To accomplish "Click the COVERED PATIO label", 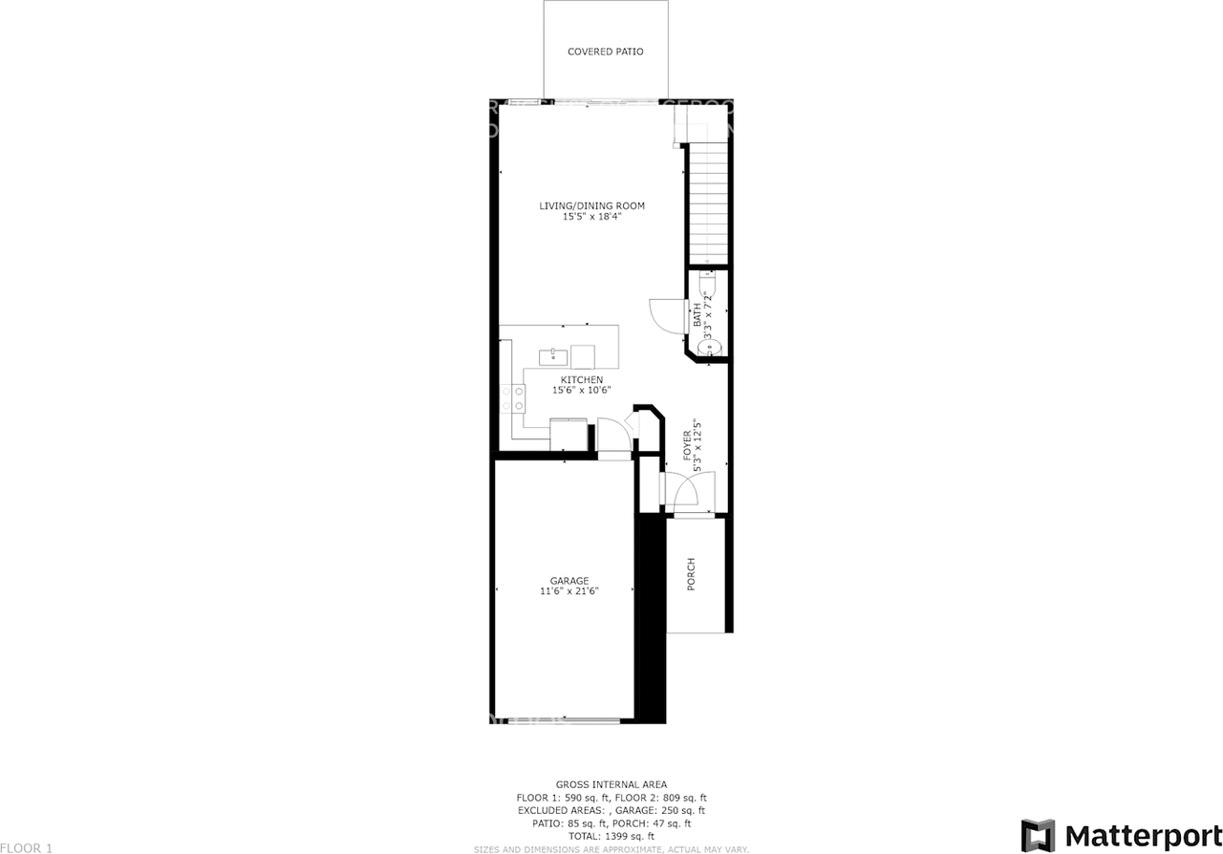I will [605, 52].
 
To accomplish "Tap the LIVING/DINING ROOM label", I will [591, 205].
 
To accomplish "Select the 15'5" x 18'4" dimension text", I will [591, 217].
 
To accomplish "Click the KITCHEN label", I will [581, 379].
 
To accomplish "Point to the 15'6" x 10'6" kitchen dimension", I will [581, 390].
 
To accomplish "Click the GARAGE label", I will [569, 580].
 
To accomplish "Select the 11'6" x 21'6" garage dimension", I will [569, 591].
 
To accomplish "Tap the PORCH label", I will [691, 574].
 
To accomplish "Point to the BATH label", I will [697, 311].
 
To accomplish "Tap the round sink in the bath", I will [708, 349].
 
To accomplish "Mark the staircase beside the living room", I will [708, 201].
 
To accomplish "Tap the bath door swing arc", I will [665, 314].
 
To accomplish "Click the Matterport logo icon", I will [1038, 835].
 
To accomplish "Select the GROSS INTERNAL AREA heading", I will [611, 784].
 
